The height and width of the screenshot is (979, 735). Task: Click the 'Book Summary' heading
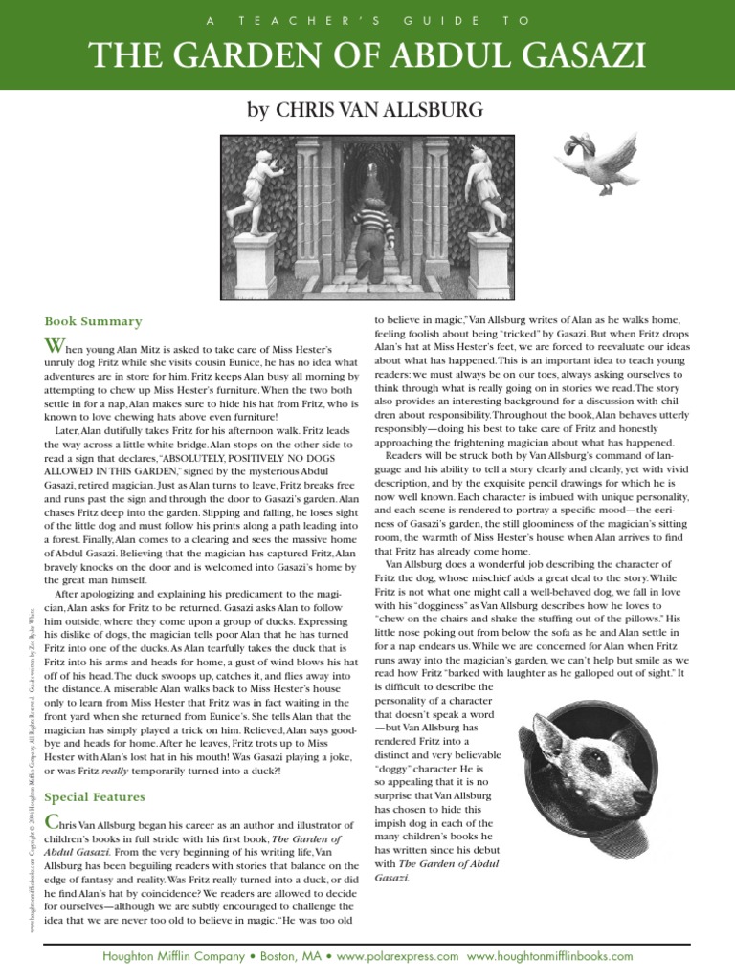pyautogui.click(x=93, y=321)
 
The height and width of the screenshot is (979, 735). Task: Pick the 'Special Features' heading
pyautogui.click(x=95, y=796)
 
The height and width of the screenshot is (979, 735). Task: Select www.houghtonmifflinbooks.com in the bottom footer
pyautogui.click(x=550, y=955)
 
